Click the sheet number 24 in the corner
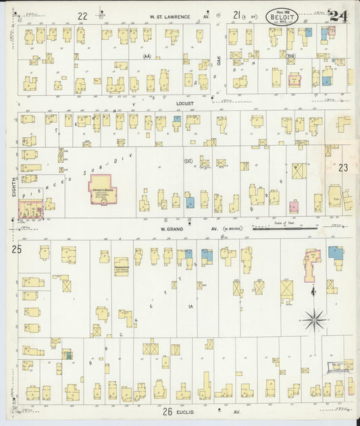[x=338, y=17]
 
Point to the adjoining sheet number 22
[x=82, y=16]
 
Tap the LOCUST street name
[x=184, y=103]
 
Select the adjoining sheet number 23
[x=342, y=168]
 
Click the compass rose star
[x=313, y=319]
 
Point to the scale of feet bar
[x=284, y=229]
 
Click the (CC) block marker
[x=188, y=161]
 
